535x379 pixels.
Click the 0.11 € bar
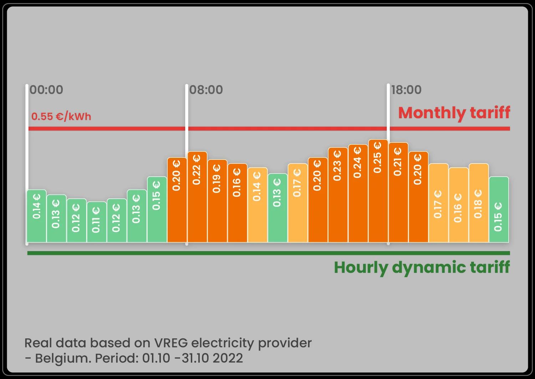point(96,222)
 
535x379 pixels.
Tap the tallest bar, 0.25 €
point(378,191)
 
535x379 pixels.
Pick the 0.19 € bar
point(217,201)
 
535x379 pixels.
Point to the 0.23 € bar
point(338,194)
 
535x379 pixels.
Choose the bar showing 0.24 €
point(358,193)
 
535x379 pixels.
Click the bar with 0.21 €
point(398,192)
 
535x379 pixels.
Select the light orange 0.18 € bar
point(479,203)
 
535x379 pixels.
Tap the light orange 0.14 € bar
point(258,204)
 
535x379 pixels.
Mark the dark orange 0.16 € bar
point(237,203)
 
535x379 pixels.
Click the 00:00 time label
point(46,90)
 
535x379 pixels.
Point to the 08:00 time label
point(206,90)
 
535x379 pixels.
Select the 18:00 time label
point(407,90)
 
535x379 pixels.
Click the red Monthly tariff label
point(454,113)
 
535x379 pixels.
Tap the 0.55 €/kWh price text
point(61,116)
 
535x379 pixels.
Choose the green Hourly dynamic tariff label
point(422,267)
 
